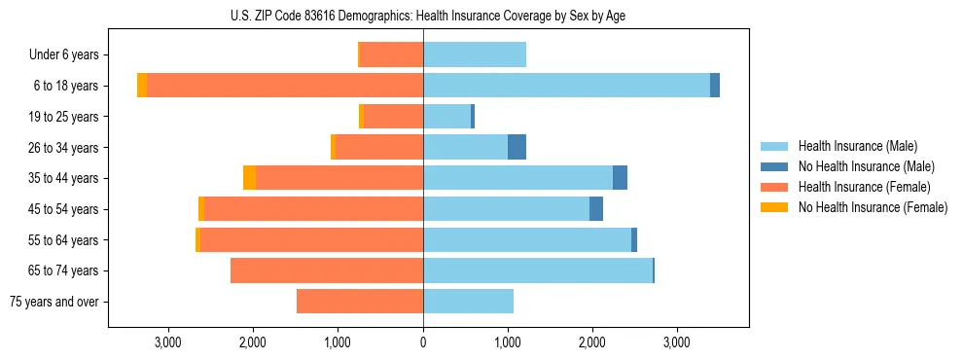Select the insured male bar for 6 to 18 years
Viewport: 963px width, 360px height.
[566, 86]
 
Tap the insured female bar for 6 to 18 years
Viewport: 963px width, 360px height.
[285, 86]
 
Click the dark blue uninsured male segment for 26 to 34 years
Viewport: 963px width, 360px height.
[517, 147]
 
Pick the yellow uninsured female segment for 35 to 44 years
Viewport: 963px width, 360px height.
[249, 178]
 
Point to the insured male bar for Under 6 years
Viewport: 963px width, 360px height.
[475, 54]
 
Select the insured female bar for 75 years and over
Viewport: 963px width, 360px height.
[360, 302]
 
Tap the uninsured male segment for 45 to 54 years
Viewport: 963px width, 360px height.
[596, 209]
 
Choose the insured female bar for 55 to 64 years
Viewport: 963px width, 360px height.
[311, 239]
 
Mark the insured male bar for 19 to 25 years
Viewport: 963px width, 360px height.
[446, 117]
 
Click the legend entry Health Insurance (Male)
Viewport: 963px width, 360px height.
[857, 146]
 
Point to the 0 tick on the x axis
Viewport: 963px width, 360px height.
[423, 342]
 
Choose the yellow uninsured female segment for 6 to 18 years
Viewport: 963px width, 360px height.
[142, 86]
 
